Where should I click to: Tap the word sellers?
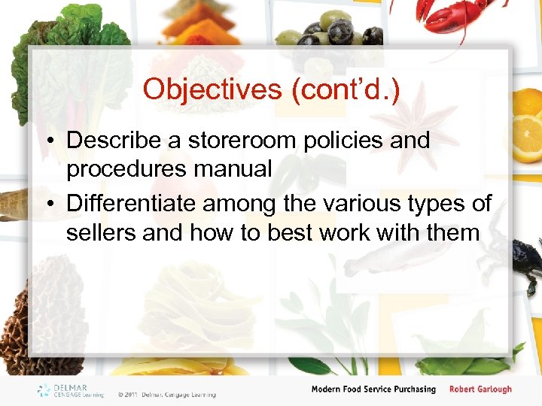click(x=101, y=232)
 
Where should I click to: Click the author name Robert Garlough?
click(x=480, y=389)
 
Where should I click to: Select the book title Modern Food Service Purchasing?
click(x=373, y=389)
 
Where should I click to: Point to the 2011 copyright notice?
click(x=166, y=394)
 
